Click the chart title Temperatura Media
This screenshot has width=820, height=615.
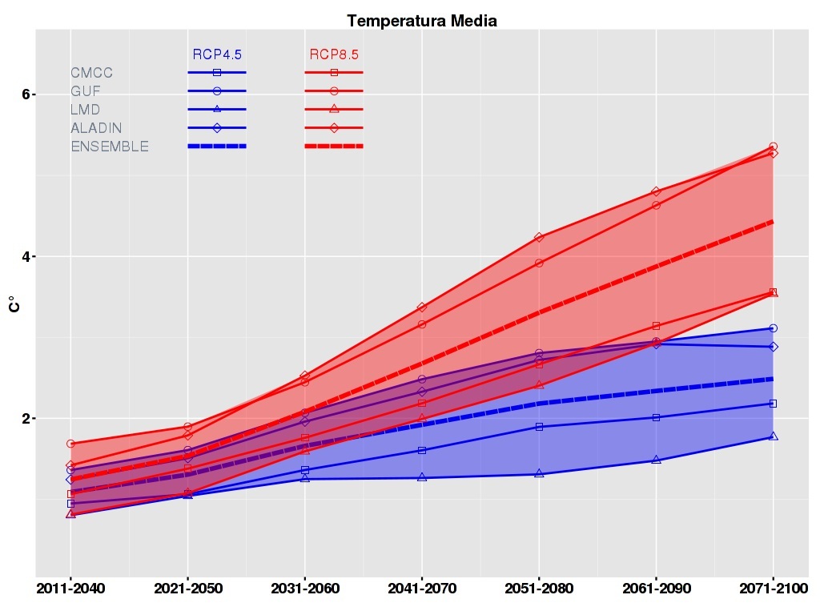tap(422, 21)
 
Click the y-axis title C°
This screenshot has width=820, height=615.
tap(13, 304)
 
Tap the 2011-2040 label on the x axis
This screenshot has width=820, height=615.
tap(70, 589)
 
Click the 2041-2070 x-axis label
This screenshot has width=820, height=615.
tap(422, 589)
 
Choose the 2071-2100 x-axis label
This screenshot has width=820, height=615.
tap(773, 589)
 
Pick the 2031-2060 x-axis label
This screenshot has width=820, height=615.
tap(304, 589)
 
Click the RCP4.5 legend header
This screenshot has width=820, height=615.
tap(217, 54)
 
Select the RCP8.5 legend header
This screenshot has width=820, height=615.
tap(334, 54)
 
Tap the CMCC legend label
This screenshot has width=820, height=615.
tap(92, 73)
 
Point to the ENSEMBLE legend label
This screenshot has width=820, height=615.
tap(110, 147)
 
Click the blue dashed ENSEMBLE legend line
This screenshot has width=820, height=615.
tap(217, 146)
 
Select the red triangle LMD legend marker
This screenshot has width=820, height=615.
tap(334, 109)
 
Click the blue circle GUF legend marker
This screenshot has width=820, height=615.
tap(217, 91)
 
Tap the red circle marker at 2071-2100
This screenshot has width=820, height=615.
tap(773, 147)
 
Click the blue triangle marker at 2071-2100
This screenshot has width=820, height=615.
tap(774, 436)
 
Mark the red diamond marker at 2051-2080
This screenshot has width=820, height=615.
tap(539, 237)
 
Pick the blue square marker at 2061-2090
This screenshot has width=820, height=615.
tap(656, 417)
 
